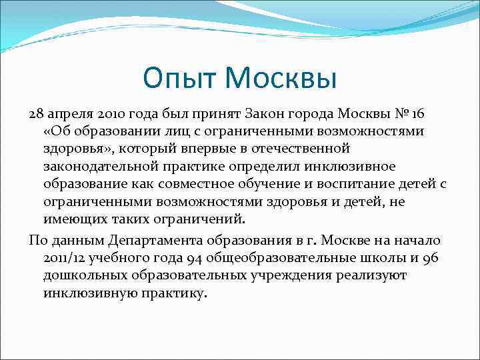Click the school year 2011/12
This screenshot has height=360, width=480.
pyautogui.click(x=64, y=257)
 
